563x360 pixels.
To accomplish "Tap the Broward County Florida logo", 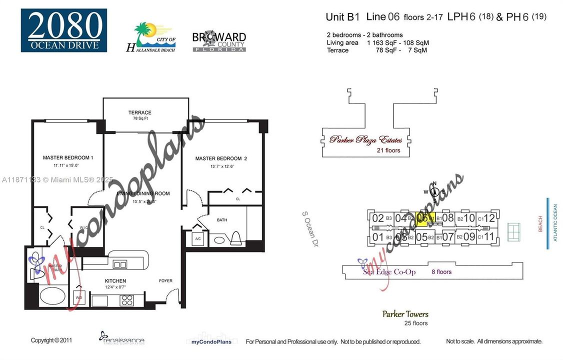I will [218, 42].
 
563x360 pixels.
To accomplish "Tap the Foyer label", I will [165, 281].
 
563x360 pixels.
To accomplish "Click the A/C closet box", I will [197, 239].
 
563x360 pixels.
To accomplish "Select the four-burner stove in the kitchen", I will [127, 300].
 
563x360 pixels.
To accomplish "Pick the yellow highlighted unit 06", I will [422, 218].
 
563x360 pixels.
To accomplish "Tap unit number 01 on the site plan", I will [378, 237].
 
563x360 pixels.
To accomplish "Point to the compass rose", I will [434, 191].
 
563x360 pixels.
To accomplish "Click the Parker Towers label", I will [405, 314].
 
